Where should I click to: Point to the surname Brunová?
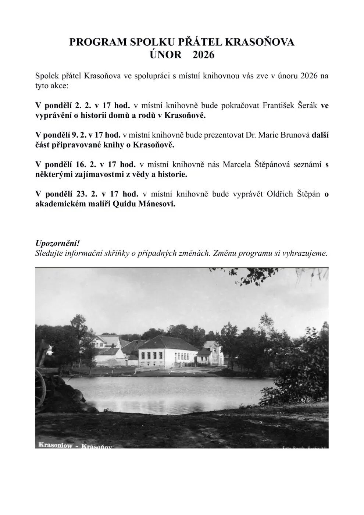(295, 135)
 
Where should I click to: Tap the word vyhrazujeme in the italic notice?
(304, 253)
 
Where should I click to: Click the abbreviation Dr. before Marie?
(251, 135)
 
